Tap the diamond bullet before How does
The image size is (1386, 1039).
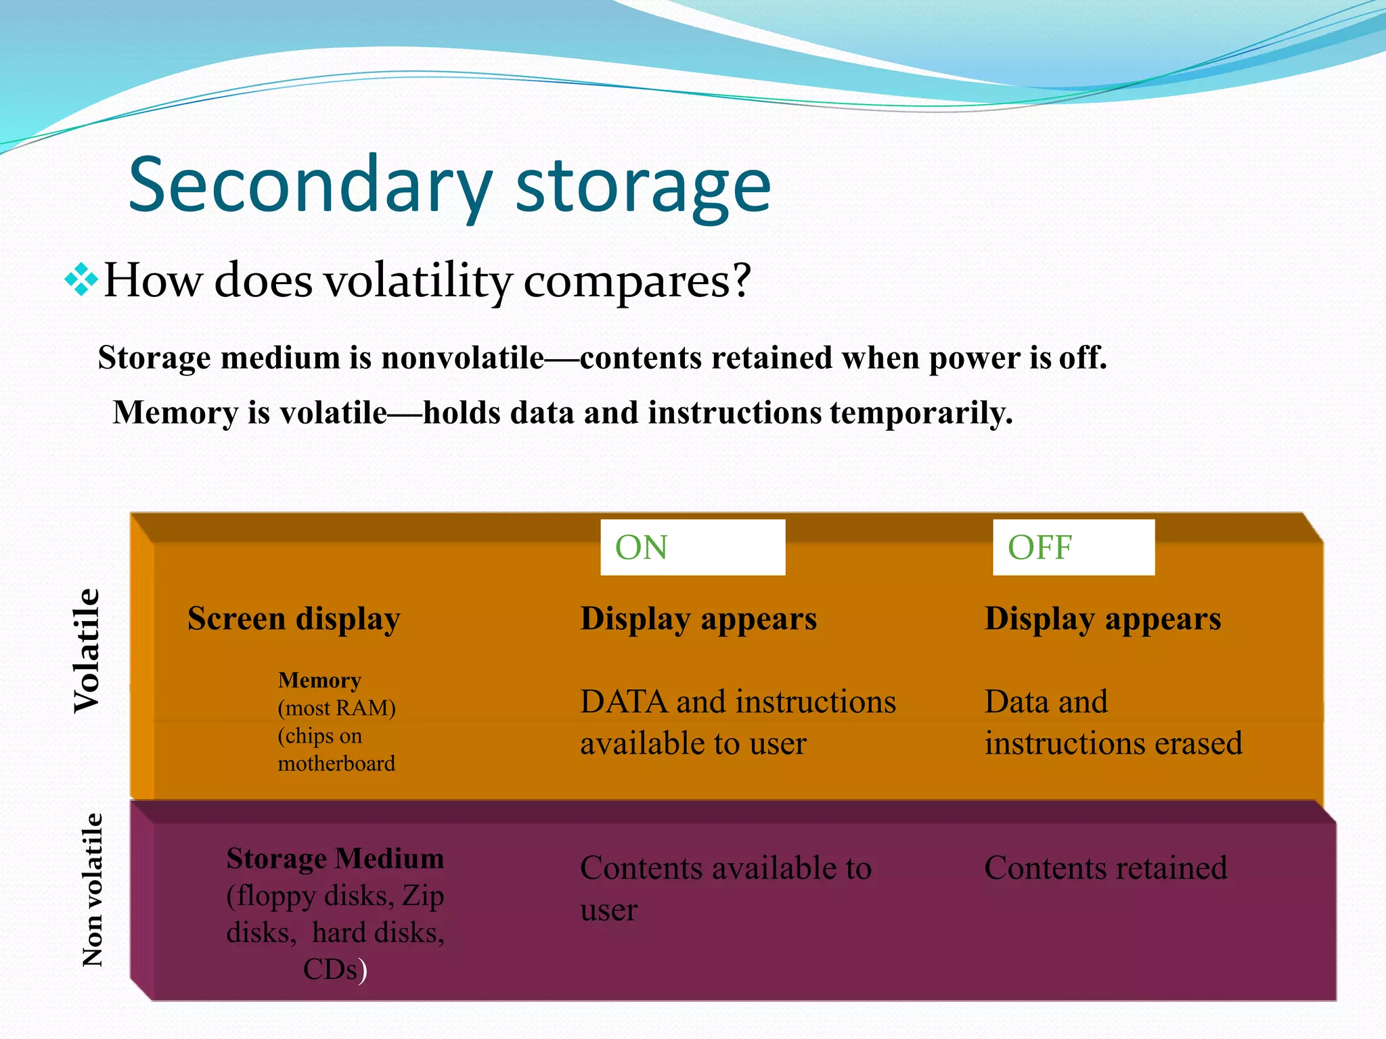(81, 279)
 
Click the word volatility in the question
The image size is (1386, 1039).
(418, 280)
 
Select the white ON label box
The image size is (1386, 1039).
(692, 547)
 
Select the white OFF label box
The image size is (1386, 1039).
(1073, 547)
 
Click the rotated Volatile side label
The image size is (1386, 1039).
(87, 651)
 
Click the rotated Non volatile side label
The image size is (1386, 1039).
(92, 890)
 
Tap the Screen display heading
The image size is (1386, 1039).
(294, 618)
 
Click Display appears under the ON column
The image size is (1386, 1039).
(698, 618)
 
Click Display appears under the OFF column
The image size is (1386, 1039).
(1102, 618)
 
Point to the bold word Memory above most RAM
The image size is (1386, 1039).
(319, 680)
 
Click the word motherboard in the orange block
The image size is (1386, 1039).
(336, 763)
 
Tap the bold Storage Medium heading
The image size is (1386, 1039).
(335, 858)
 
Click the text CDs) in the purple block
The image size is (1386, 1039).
(335, 969)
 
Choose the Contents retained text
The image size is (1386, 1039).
(1105, 867)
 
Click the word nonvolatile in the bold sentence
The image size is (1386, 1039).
(463, 357)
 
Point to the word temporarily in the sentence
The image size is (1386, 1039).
(921, 412)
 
